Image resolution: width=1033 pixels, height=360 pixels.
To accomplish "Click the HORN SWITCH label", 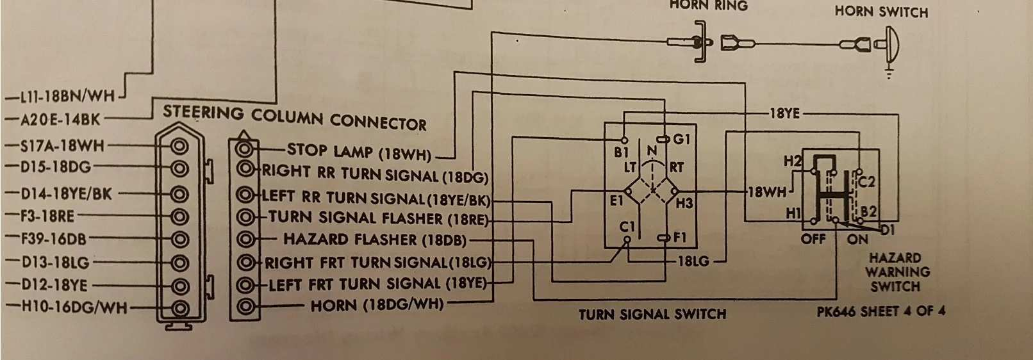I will [881, 12].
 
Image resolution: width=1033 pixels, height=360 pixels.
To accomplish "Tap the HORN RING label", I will [708, 5].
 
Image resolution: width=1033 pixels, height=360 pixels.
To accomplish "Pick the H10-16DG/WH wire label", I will [66, 307].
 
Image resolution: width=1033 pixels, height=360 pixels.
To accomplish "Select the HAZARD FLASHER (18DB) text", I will [375, 240].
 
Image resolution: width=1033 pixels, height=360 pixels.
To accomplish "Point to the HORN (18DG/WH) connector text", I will [377, 304].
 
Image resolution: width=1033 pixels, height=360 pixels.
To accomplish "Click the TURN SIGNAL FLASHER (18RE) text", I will [378, 218].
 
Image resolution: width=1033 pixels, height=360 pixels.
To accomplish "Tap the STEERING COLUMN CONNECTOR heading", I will [295, 117].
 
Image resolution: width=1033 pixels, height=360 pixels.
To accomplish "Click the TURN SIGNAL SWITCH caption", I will [652, 315].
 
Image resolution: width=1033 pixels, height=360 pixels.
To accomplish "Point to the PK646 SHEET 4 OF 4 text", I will [880, 312].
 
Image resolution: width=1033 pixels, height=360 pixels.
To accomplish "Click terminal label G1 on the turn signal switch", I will [682, 139].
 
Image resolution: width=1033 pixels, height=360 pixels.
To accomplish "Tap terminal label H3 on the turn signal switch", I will [684, 204].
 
